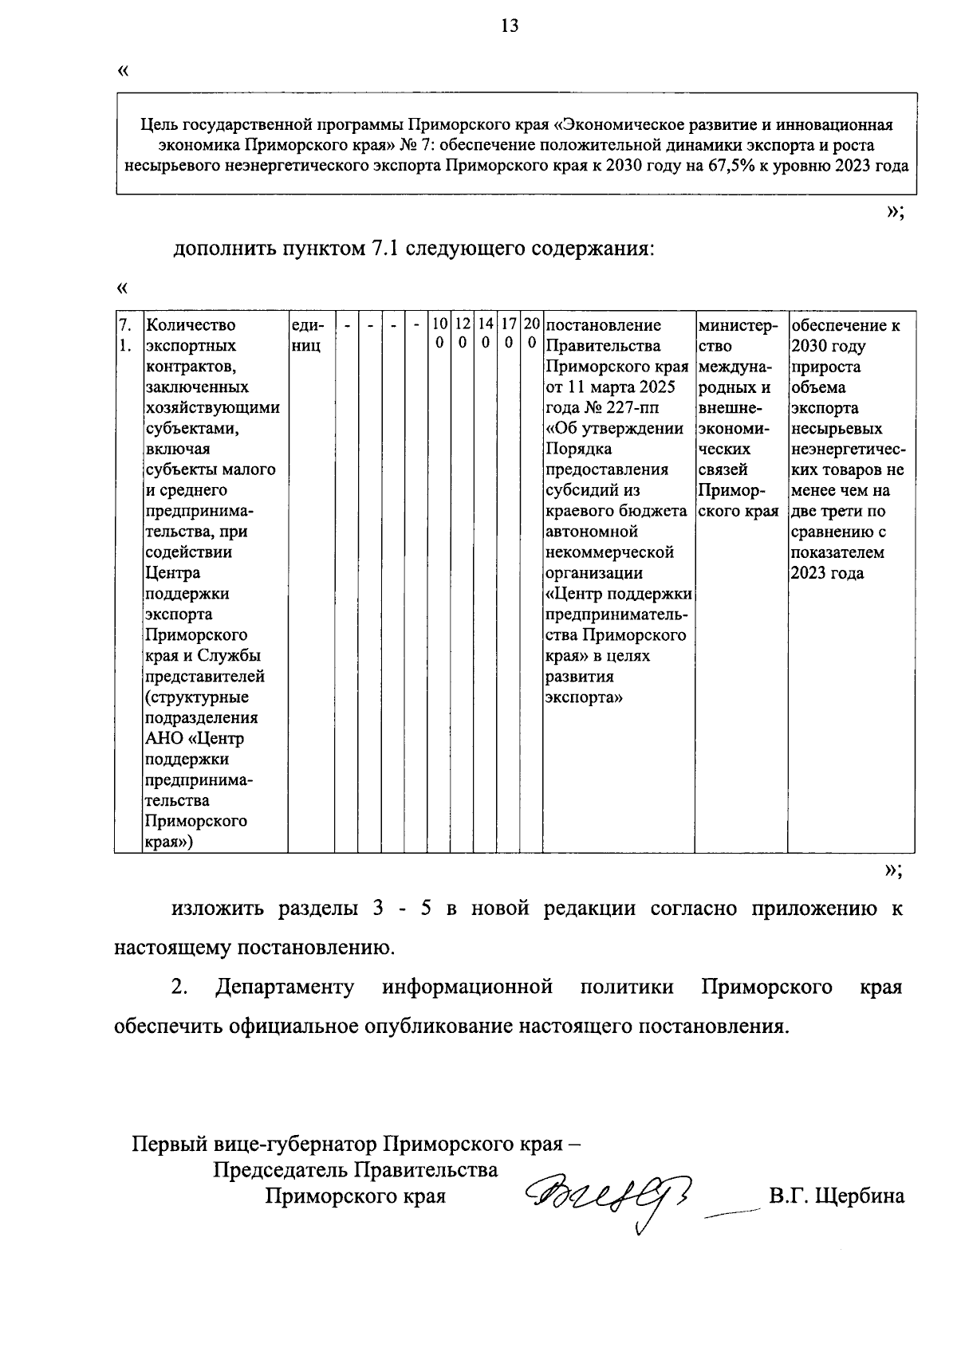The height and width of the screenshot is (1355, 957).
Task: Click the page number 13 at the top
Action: pos(510,26)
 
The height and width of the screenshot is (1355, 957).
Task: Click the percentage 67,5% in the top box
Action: pos(726,167)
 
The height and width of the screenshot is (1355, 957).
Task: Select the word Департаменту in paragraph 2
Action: pos(285,987)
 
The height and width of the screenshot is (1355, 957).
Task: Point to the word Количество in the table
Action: pos(191,325)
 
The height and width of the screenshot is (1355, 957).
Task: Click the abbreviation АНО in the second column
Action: pos(164,738)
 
